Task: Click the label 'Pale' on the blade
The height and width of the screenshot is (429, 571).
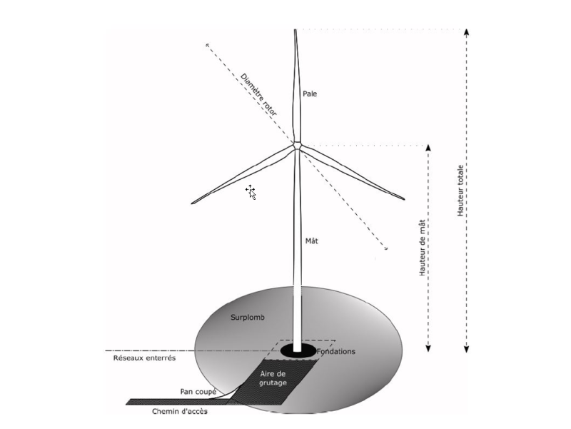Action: pyautogui.click(x=310, y=94)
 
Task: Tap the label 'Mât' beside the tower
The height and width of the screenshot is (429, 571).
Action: pyautogui.click(x=311, y=241)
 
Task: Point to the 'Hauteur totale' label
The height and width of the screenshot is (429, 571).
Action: pyautogui.click(x=460, y=191)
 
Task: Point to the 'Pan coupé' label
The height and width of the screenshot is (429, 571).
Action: pyautogui.click(x=196, y=391)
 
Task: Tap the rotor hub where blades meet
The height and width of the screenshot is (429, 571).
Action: pyautogui.click(x=295, y=146)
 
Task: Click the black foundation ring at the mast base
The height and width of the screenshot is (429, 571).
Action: pyautogui.click(x=298, y=350)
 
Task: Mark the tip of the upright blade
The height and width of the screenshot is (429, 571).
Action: pyautogui.click(x=295, y=31)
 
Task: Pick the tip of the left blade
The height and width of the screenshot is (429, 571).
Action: pyautogui.click(x=192, y=203)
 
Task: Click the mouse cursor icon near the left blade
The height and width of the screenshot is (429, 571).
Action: pyautogui.click(x=251, y=191)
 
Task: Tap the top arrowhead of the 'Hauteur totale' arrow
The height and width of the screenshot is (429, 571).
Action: pyautogui.click(x=466, y=32)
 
